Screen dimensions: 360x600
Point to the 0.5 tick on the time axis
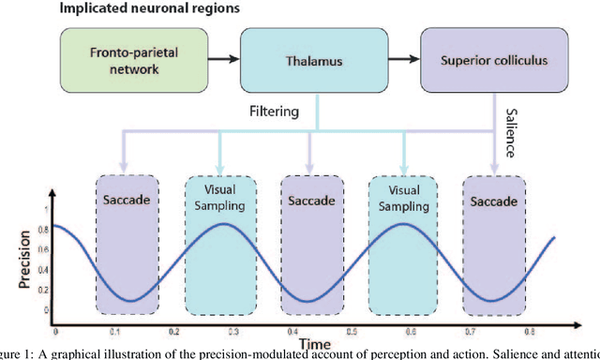[352, 331]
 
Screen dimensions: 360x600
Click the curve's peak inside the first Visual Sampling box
[219, 224]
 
